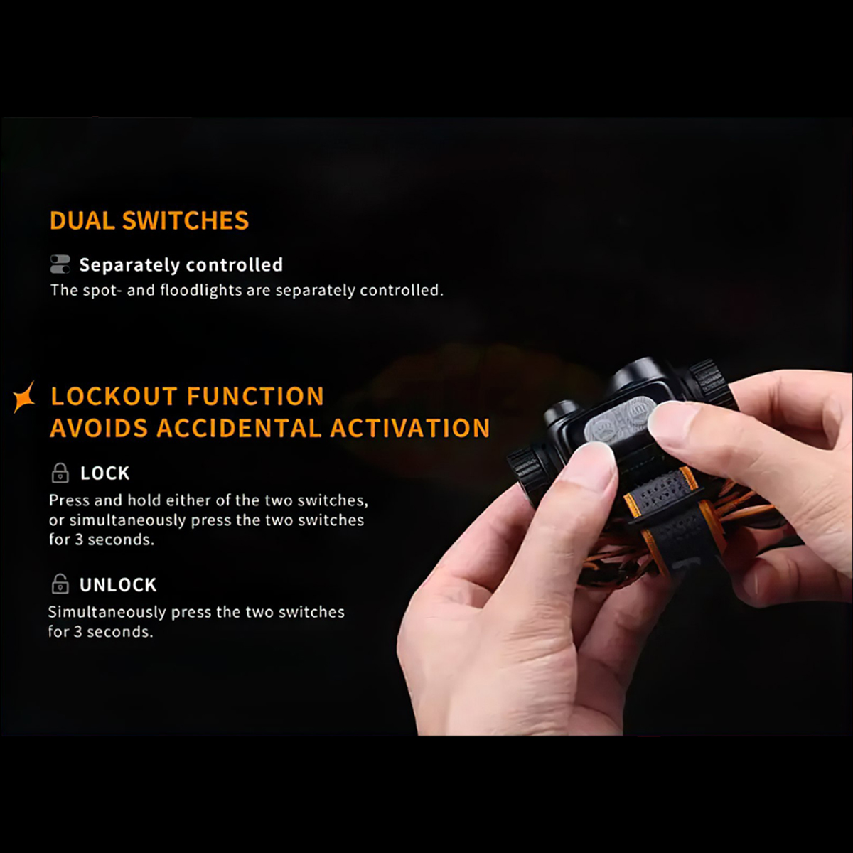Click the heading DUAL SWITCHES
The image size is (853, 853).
[x=149, y=220]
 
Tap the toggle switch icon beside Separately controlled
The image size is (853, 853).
[x=60, y=264]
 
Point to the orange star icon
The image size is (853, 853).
[x=24, y=397]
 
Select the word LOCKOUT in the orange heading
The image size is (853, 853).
[x=114, y=396]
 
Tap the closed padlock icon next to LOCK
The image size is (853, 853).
[x=60, y=473]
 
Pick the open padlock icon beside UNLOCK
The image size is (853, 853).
[x=60, y=584]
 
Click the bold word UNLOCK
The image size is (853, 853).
[x=118, y=585]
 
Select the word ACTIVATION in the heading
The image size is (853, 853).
[x=410, y=428]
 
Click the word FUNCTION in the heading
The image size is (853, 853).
[x=255, y=396]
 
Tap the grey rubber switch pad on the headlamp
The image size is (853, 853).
[x=620, y=421]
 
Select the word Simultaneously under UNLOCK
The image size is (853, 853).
[x=107, y=613]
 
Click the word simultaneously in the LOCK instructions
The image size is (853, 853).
[x=127, y=520]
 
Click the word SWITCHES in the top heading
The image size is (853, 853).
[x=186, y=220]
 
